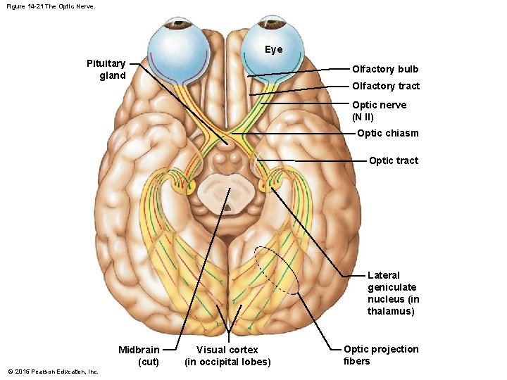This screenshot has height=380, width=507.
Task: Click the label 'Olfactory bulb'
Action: [384, 69]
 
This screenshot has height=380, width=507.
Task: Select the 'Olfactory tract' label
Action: [385, 86]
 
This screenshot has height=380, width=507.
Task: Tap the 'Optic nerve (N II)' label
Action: [379, 110]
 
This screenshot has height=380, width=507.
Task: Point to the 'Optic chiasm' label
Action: [387, 133]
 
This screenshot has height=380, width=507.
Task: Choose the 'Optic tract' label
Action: [393, 160]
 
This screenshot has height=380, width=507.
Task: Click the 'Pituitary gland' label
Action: [106, 70]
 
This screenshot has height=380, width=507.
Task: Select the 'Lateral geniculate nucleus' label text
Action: [392, 293]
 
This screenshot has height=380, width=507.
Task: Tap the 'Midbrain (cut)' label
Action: [139, 355]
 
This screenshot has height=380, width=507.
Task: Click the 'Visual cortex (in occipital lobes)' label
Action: [227, 355]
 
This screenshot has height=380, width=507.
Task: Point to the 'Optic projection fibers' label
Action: [380, 355]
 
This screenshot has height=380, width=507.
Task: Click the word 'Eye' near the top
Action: [273, 49]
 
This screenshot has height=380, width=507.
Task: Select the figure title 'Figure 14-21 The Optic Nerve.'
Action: [50, 6]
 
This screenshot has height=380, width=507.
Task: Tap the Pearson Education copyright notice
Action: [53, 372]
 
